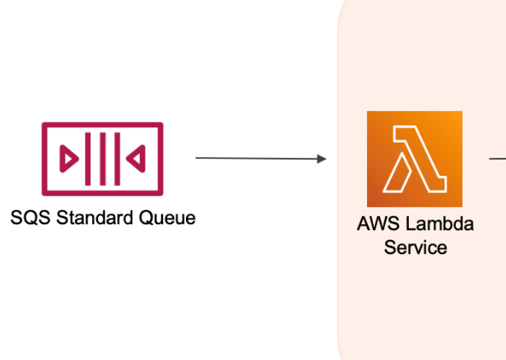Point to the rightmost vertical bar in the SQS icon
pyautogui.click(x=114, y=159)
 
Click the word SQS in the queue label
pyautogui.click(x=29, y=218)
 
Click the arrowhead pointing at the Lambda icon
pyautogui.click(x=322, y=159)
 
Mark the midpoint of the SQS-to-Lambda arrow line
pyautogui.click(x=260, y=158)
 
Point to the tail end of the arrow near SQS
pyautogui.click(x=198, y=158)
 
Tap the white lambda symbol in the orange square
pyautogui.click(x=415, y=160)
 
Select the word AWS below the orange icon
pyautogui.click(x=375, y=225)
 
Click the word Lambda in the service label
pyautogui.click(x=434, y=225)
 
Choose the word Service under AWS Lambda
pyautogui.click(x=415, y=247)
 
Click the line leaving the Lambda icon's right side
pyautogui.click(x=497, y=157)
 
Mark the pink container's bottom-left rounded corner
pyautogui.click(x=345, y=350)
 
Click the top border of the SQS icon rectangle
pyautogui.click(x=102, y=125)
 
